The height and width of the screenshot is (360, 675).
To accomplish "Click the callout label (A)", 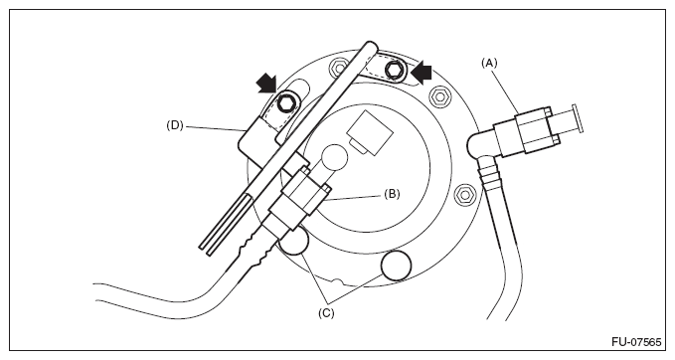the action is tap(489, 63).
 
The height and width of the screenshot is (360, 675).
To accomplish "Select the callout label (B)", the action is tap(392, 194).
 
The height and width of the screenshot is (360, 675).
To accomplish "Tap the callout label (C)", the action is tap(326, 313).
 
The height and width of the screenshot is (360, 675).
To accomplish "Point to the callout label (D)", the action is tap(175, 125).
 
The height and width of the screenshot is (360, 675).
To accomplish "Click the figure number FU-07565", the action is tap(636, 342).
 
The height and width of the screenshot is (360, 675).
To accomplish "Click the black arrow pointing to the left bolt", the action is tap(266, 83).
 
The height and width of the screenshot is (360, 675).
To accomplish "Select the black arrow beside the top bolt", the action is tap(422, 72).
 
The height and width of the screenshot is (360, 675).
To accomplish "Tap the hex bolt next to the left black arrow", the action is tap(285, 102).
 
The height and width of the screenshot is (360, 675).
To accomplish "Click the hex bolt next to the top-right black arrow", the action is tap(395, 70).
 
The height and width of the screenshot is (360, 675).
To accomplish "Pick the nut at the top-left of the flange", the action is tap(340, 68).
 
